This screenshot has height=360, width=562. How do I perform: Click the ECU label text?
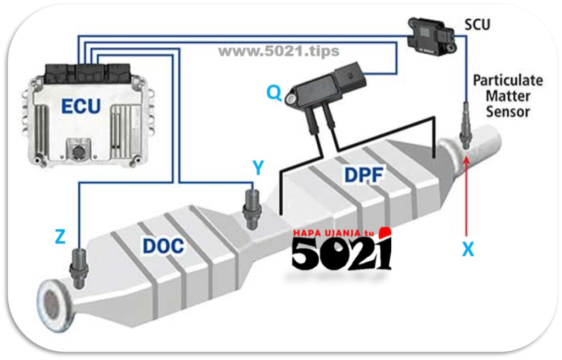pos(81,106)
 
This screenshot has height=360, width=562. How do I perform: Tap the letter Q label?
pos(274,93)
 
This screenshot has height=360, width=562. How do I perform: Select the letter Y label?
pos(258,167)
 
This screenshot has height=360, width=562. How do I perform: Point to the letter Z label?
pos(60,237)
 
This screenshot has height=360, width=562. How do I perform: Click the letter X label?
pos(468,249)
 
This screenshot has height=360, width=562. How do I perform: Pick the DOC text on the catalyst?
pos(164,246)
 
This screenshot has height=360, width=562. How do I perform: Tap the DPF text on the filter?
pos(364,175)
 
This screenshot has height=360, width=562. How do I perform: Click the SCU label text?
pos(477,24)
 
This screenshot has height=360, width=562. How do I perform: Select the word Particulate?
pos(508,80)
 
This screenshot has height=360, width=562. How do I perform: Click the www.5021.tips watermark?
pos(279,51)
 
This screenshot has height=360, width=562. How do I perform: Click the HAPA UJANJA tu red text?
pos(333,233)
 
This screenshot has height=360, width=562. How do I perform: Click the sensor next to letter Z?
pos(78,267)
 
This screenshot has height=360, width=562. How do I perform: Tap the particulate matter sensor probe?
pos(465,126)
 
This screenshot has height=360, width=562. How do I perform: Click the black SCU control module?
pos(432,35)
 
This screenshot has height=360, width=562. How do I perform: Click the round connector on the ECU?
pos(78,151)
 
